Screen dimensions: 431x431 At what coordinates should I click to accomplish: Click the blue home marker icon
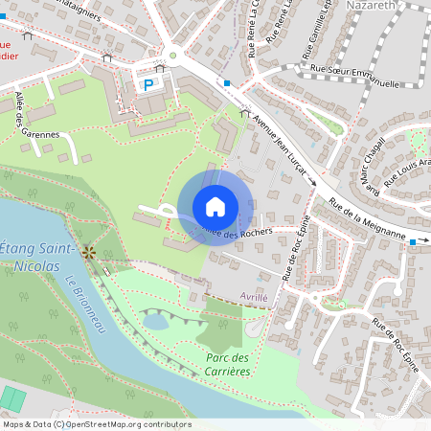pyautogui.click(x=215, y=207)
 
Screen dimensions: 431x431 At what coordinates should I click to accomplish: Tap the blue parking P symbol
pyautogui.click(x=148, y=84)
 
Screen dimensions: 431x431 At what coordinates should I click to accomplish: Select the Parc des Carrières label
pyautogui.click(x=222, y=365)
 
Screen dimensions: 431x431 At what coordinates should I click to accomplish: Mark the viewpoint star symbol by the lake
pyautogui.click(x=89, y=252)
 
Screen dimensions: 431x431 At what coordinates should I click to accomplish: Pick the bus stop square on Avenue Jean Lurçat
pyautogui.click(x=227, y=83)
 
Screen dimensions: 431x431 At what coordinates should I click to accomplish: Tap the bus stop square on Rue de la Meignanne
pyautogui.click(x=413, y=242)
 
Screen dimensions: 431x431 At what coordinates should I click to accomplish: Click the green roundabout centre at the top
pyautogui.click(x=173, y=56)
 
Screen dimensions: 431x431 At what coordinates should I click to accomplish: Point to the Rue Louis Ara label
pyautogui.click(x=408, y=162)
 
